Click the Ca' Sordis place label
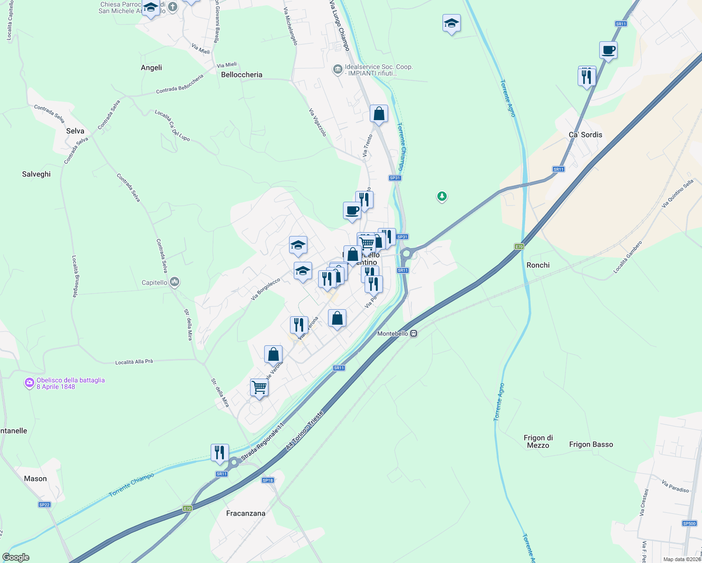tap(585, 135)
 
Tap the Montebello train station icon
tap(413, 334)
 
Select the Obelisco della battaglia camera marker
tap(30, 383)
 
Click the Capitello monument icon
tap(175, 282)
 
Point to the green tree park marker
tap(442, 196)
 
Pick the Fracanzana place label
tap(245, 513)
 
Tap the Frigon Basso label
tap(591, 444)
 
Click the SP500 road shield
tap(689, 524)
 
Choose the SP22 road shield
tap(44, 505)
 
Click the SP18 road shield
tap(267, 480)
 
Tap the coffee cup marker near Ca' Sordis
tap(608, 50)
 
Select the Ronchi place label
tap(538, 265)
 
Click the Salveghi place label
tap(36, 174)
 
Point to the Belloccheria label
tap(242, 75)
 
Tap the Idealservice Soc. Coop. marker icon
tap(337, 70)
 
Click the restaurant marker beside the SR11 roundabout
tap(220, 452)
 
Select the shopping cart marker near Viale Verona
tap(259, 388)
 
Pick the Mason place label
tap(35, 479)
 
